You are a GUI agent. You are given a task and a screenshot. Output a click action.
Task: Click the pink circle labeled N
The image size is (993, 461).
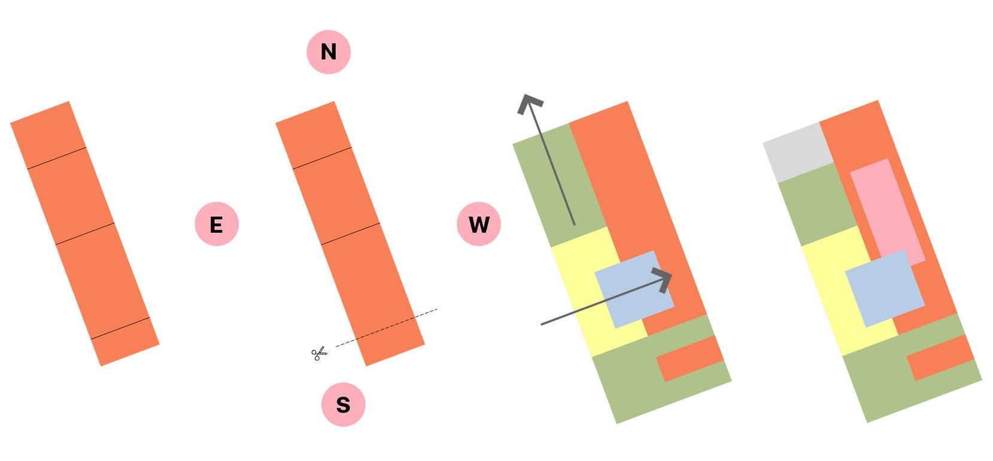(328, 52)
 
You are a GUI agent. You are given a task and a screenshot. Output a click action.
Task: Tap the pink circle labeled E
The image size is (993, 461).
(217, 225)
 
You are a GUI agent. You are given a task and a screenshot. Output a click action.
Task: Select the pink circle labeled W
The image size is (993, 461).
(478, 225)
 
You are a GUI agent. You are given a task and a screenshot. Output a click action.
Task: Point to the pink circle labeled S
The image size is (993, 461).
(343, 405)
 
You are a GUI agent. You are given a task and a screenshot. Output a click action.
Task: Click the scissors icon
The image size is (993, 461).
(319, 354)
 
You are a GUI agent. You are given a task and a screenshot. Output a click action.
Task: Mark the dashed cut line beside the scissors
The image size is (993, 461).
(386, 327)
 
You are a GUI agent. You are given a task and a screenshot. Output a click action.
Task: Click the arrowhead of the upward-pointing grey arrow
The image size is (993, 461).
(529, 103)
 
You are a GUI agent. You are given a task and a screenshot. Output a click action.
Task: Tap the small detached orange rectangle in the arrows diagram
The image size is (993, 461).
(690, 358)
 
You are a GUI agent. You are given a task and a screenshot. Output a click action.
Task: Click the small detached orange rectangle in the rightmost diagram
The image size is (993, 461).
(940, 357)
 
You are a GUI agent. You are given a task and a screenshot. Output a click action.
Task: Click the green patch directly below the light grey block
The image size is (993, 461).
(818, 204)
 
